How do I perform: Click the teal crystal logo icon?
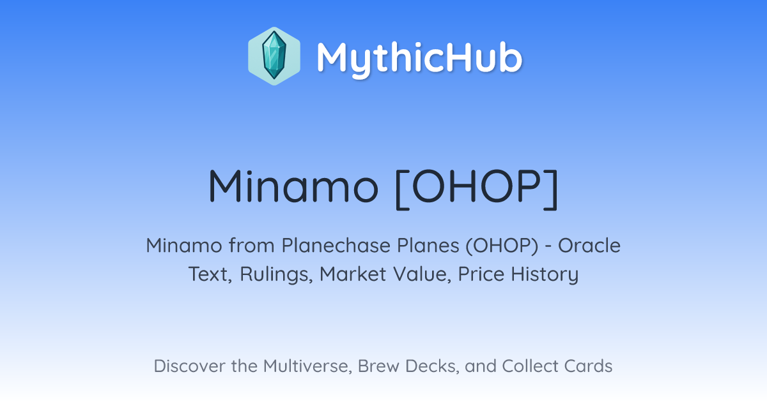pos(274,56)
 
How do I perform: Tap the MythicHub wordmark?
pos(419,58)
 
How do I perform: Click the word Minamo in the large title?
pos(293,186)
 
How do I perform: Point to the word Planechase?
pos(336,246)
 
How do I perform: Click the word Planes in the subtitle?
pos(428,246)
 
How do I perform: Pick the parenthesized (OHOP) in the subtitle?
pos(502,246)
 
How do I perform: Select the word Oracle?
pos(589,246)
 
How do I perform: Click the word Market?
pos(353,274)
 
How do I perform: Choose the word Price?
pos(481,274)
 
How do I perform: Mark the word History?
pos(545,274)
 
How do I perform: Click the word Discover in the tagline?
pos(189,366)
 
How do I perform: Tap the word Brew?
pos(378,366)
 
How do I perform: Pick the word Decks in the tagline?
pos(432,366)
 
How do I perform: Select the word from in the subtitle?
pos(252,246)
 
